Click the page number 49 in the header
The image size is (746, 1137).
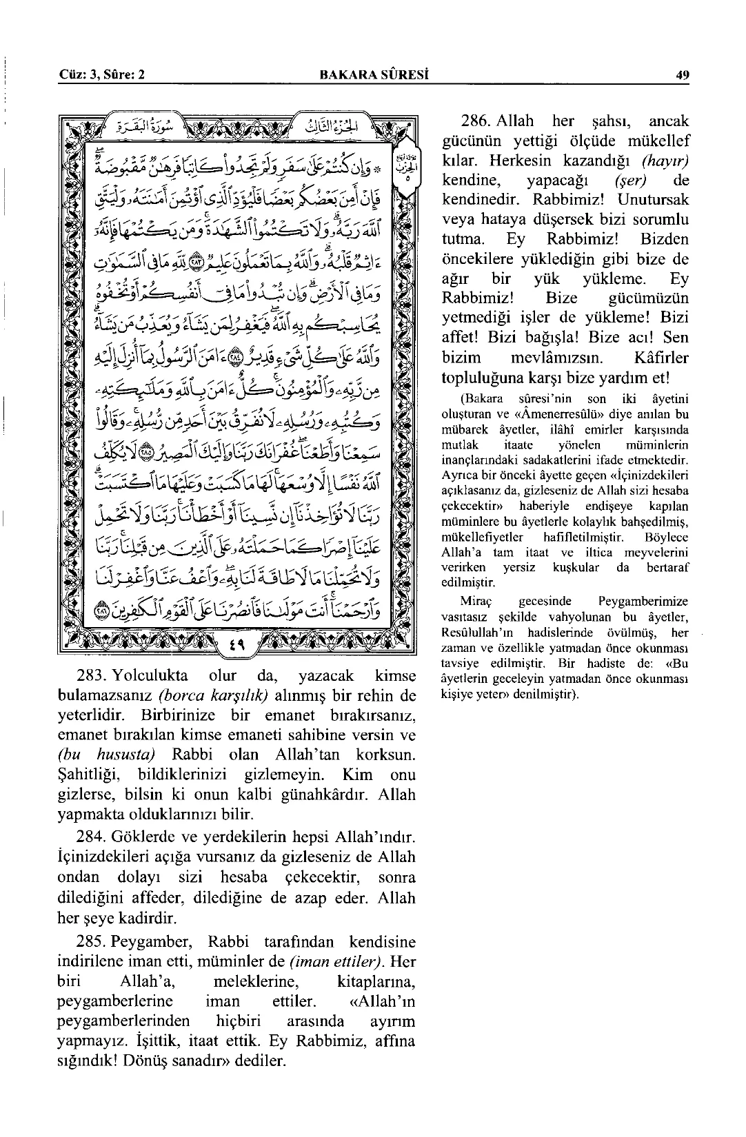point(683,76)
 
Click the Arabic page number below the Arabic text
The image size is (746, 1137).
point(236,647)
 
